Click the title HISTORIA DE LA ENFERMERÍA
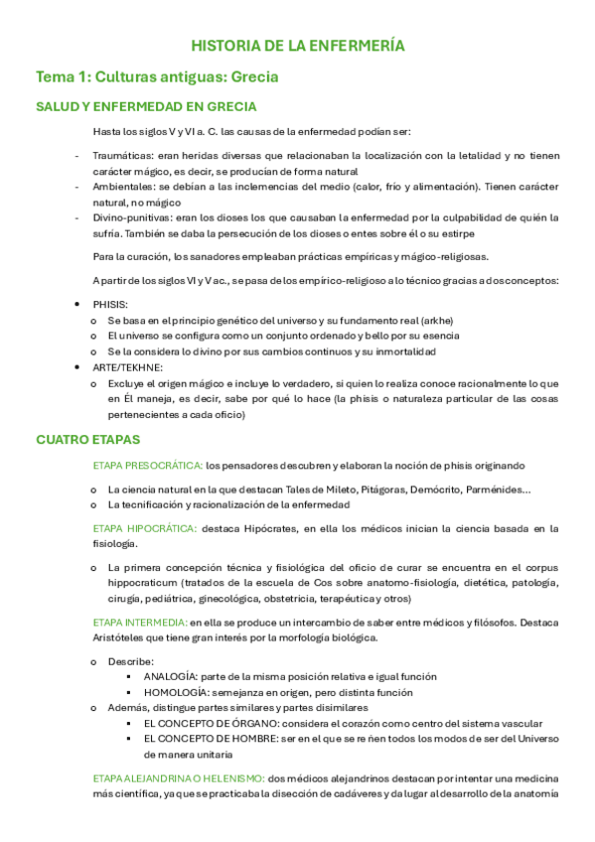coord(298,46)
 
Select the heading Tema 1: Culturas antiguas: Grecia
coord(156,76)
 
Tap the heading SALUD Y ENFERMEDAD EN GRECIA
coord(146,107)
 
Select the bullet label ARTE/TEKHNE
coord(122,367)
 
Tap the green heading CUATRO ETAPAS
coord(88,439)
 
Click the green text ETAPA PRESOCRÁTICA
coord(147,465)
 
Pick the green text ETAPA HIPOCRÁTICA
coord(145,527)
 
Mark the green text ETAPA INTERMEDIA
coord(141,622)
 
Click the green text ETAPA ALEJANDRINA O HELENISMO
coord(178,777)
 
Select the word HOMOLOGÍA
coord(176,692)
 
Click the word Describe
coord(130,660)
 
